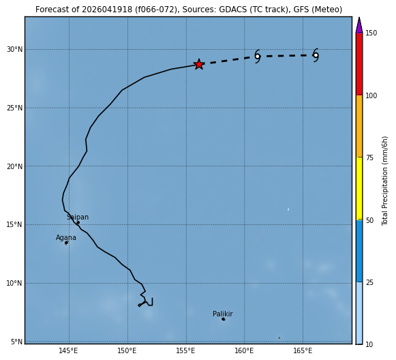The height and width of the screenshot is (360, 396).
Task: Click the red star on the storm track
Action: pos(199,64)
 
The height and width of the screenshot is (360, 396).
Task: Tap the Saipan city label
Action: pos(78,217)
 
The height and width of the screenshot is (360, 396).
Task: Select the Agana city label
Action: pos(66,238)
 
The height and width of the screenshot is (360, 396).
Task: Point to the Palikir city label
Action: pos(223,314)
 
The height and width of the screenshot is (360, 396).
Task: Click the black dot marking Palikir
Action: pos(224,319)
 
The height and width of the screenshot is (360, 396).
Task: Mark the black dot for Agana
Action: pos(66,243)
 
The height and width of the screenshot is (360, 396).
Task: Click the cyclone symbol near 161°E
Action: pos(258,57)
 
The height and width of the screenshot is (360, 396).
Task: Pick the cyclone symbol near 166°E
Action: pos(316,55)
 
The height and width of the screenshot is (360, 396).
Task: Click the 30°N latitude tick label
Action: pos(14,49)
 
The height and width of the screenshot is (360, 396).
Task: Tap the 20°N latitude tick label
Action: pos(14,166)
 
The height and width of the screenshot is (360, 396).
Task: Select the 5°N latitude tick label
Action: pos(16,342)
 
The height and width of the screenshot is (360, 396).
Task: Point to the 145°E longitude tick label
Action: pos(68,351)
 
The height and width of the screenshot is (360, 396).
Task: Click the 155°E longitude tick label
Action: pos(185,351)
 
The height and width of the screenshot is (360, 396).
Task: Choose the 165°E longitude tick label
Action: pos(303,351)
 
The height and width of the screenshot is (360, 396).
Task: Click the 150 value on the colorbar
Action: pos(371,33)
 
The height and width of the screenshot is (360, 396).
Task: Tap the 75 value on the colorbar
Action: pos(369,158)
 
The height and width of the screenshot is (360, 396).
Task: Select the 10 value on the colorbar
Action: pos(369,344)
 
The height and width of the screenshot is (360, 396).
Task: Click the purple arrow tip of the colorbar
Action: pos(359,18)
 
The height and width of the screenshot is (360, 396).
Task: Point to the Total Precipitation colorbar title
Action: pos(384,181)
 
